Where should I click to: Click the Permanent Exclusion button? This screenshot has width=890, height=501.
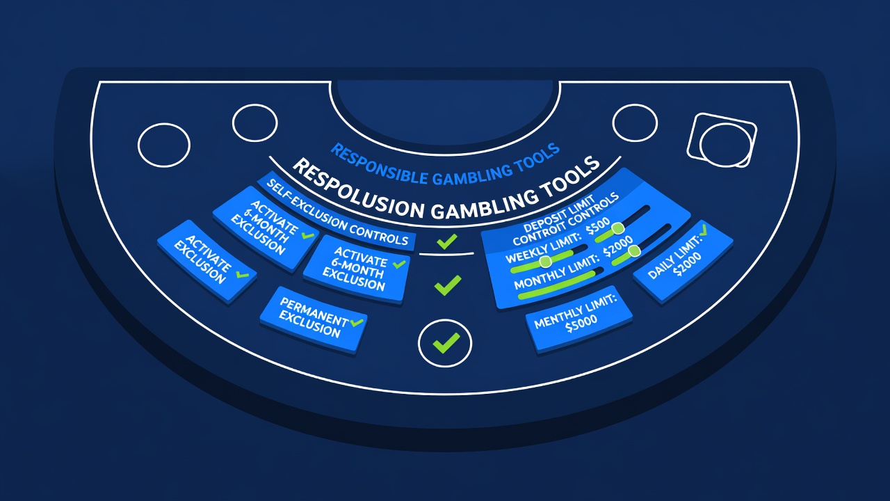pos(314,319)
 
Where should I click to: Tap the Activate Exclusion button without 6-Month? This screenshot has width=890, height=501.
pos(207,261)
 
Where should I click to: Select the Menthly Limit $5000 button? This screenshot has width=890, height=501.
pos(578,318)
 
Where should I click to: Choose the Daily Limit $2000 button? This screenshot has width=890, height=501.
pos(683,261)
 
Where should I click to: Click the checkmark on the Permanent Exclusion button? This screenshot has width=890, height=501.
pos(357,322)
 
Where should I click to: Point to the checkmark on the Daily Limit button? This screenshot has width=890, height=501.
pos(703,230)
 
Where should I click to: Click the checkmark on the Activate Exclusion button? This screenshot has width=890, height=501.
pos(242,274)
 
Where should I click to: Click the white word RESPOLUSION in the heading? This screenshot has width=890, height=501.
pos(357,188)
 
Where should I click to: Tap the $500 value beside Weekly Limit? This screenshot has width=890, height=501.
pos(599,226)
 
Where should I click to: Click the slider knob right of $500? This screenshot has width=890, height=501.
pos(618,228)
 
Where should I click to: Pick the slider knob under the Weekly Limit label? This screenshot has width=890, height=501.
pos(546,261)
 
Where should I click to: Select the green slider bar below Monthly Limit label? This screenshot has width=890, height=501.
pos(557,284)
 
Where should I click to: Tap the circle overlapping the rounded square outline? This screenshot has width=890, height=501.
pos(725,145)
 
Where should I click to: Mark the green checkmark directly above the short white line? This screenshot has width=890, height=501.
pos(446,241)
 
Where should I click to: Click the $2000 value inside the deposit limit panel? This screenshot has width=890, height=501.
pos(618,246)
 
